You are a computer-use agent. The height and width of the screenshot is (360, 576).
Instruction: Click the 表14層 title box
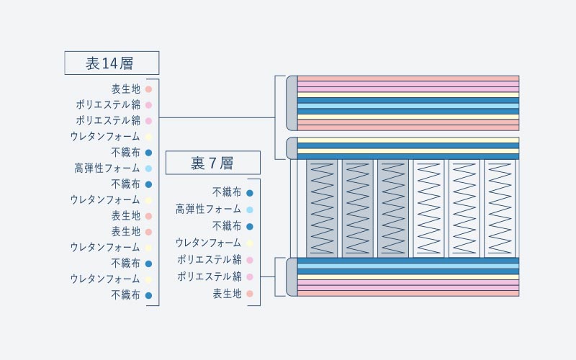point(112,63)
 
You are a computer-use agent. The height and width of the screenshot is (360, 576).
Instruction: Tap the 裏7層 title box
point(213,163)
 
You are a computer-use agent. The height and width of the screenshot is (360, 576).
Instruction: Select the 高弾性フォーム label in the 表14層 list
point(107,168)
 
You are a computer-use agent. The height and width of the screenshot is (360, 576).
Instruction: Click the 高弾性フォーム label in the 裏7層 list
point(208,210)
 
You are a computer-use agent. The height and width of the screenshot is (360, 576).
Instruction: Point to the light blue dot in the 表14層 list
point(148,168)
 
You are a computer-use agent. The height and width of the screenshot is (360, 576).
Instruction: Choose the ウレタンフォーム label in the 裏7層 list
point(208,243)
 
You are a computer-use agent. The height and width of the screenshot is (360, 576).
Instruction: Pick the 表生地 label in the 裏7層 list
point(227,294)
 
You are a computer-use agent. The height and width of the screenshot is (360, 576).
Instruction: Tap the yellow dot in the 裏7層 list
point(249,243)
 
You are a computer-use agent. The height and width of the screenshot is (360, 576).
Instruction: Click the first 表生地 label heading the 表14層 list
point(126,89)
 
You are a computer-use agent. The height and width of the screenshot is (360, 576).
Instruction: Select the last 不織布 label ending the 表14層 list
point(126,295)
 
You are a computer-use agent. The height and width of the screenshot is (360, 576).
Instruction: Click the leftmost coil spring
point(322,209)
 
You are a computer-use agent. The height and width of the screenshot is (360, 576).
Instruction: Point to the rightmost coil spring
point(500,209)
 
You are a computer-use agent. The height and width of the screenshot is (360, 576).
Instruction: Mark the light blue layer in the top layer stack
point(408,106)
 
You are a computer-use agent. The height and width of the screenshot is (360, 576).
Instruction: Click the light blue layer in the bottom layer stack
point(408,266)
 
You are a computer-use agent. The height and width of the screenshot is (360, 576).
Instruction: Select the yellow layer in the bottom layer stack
point(408,277)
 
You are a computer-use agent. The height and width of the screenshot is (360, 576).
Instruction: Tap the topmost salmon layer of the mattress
point(408,78)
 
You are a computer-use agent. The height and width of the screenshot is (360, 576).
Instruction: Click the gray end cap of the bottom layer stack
point(292,277)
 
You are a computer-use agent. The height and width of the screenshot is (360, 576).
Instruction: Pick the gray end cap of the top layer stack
point(292,103)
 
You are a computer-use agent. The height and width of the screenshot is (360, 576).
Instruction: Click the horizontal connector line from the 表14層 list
point(217,117)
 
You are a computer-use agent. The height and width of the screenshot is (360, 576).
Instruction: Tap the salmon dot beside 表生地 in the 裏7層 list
point(249,294)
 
